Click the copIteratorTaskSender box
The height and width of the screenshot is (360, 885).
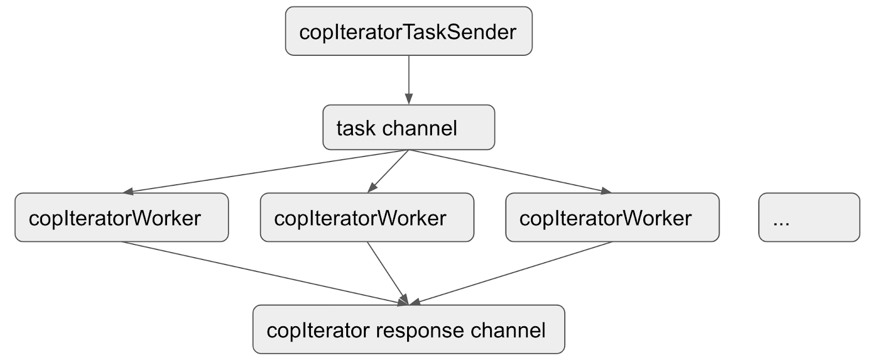coord(408,32)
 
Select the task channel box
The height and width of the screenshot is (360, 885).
coord(408,128)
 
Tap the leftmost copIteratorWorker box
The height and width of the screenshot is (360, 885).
coord(121,218)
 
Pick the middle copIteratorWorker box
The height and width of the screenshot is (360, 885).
coord(367,218)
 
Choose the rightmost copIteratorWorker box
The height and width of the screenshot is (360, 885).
coord(612,218)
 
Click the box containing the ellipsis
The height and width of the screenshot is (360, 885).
coord(809,218)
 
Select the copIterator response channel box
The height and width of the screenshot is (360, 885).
coord(408,330)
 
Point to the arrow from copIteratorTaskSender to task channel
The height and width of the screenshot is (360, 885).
coord(408,77)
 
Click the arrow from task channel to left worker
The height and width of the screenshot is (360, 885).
coord(265,171)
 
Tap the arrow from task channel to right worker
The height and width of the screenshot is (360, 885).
coord(509,171)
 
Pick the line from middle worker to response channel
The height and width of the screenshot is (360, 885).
coord(387,273)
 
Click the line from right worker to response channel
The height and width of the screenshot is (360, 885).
coord(512,273)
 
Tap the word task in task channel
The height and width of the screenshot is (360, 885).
coord(356,128)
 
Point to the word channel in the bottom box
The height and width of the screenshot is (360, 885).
coord(508,331)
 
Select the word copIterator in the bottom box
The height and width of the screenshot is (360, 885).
coord(317,331)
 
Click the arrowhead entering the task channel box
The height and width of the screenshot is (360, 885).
coord(408,100)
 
